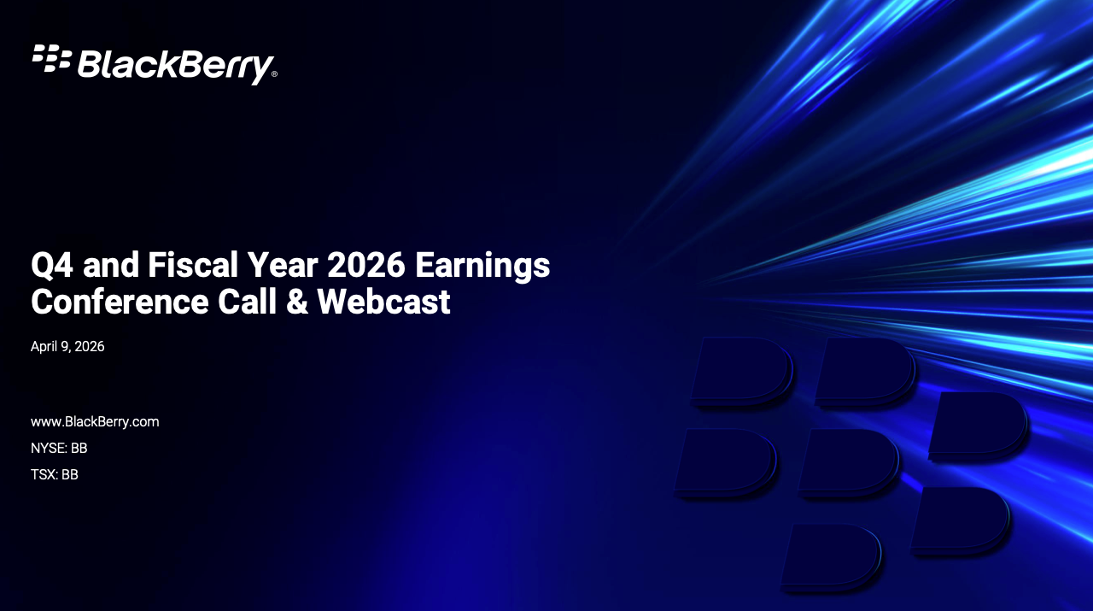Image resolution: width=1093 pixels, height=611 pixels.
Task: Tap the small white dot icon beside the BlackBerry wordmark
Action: (x=52, y=57)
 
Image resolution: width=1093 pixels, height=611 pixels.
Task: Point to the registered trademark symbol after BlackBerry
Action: (x=274, y=74)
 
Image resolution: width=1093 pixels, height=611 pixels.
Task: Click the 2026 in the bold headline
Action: (x=365, y=266)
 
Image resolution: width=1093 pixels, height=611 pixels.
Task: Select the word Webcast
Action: (x=383, y=302)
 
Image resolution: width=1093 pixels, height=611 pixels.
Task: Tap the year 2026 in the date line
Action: (x=90, y=347)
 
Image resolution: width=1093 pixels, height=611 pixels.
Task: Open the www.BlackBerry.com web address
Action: (x=95, y=422)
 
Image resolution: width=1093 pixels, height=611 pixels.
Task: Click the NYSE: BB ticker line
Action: (x=59, y=448)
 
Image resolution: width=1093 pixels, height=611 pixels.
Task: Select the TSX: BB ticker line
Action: (x=55, y=474)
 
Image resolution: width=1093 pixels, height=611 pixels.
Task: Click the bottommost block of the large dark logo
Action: (x=832, y=555)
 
